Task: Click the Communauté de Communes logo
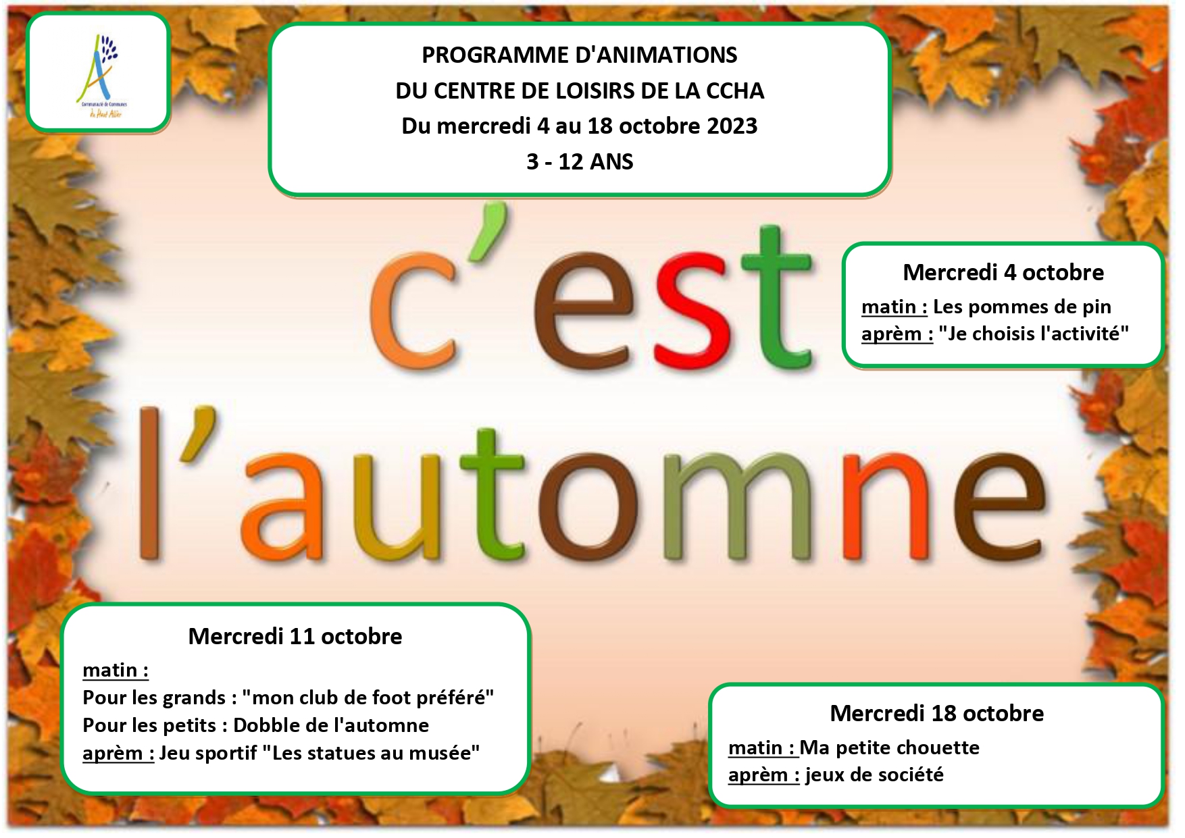coord(100,76)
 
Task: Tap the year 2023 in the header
coord(732,126)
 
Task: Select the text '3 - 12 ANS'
coord(580,162)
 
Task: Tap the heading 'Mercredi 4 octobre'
coord(1003,273)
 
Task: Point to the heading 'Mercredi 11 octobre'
coord(295,637)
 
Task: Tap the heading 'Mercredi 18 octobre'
coord(937,714)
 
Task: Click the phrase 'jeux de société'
coord(874,775)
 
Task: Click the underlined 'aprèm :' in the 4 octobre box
coord(897,335)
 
